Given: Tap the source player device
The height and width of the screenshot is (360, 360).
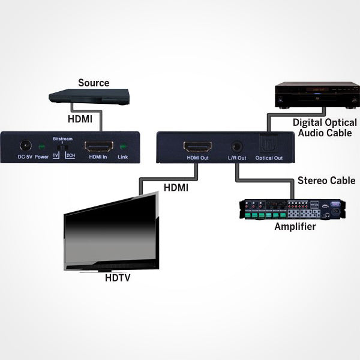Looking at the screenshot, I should coord(89,96).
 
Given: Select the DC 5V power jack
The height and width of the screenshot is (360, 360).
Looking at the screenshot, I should coord(26,146).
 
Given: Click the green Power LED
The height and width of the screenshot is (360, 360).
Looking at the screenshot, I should coord(42,146).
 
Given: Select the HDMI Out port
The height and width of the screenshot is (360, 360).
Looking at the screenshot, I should coord(197,146).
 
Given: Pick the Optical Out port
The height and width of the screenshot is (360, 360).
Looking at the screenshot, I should coord(268,145).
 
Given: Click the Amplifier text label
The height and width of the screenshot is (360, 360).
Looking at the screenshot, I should coord(295,227).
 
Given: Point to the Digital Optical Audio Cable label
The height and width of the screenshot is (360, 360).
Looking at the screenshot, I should coord(325,128).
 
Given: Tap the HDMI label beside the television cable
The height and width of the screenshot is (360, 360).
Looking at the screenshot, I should coord(176,188).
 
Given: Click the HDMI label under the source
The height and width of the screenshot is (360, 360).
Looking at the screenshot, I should coord(80,119).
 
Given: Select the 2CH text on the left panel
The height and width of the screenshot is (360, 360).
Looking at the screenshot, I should coord(70,155).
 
